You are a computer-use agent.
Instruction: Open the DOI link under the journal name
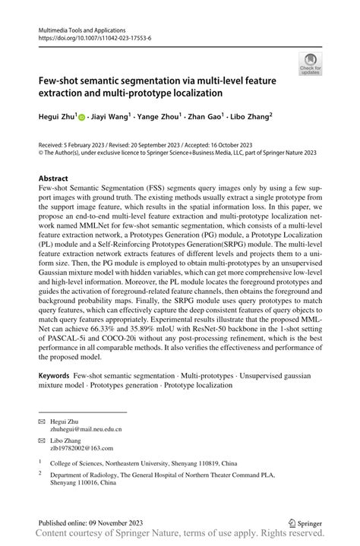pos(90,36)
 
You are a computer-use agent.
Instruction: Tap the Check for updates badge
pos(310,64)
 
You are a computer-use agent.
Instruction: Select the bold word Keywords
pos(55,376)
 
